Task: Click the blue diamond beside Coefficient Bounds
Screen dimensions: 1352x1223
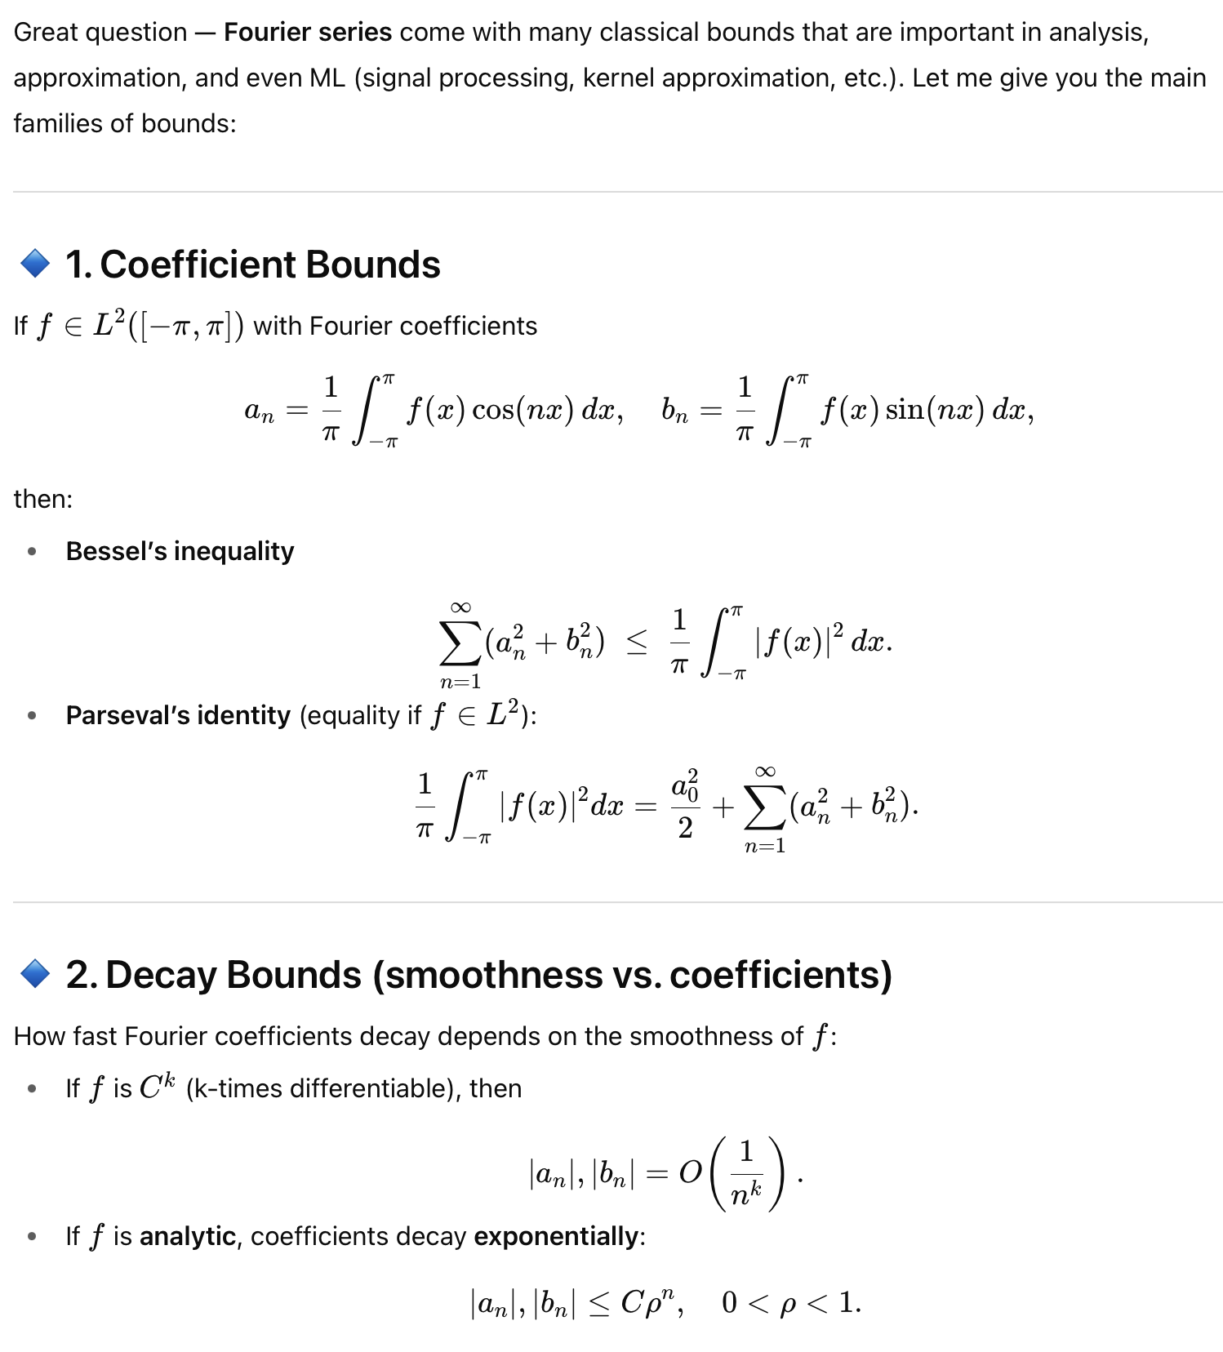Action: [35, 264]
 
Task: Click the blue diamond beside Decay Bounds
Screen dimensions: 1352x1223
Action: [35, 974]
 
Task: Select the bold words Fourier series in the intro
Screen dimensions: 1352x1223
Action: [308, 32]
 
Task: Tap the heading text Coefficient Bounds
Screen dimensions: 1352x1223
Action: [269, 265]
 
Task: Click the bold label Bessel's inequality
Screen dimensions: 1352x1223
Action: [180, 551]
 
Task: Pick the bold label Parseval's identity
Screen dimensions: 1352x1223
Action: [178, 715]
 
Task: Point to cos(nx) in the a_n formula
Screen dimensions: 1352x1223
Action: [523, 409]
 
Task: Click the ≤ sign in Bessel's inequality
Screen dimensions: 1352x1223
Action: [637, 643]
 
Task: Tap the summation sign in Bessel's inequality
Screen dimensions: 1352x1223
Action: [460, 644]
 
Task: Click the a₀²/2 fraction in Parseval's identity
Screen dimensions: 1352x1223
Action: [685, 805]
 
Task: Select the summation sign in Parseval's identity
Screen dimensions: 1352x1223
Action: [764, 807]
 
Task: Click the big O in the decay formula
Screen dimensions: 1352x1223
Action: [690, 1173]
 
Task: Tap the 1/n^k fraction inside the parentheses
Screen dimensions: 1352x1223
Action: [745, 1174]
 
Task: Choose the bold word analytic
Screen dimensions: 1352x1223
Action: [188, 1236]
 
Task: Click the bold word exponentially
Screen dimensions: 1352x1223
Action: [555, 1236]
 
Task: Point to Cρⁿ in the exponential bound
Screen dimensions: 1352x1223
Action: [648, 1301]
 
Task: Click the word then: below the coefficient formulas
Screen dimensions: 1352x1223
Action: [43, 499]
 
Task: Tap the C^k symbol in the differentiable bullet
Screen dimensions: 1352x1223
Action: [157, 1087]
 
